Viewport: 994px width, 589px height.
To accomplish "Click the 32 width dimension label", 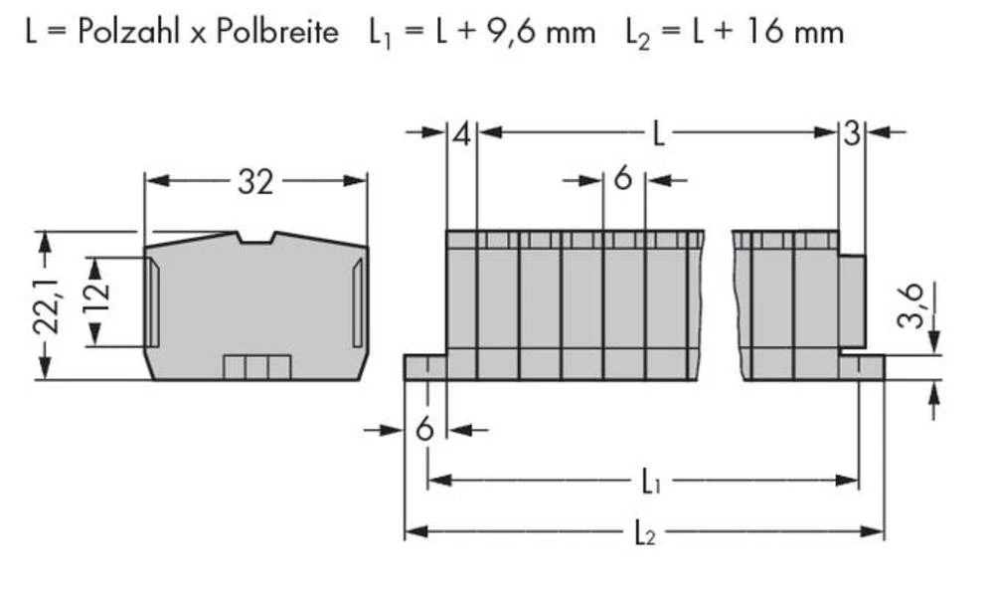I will (254, 181).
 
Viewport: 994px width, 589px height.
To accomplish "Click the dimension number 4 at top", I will (461, 133).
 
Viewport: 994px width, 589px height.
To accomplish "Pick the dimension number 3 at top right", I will (852, 133).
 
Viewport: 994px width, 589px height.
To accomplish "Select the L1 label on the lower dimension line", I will (649, 485).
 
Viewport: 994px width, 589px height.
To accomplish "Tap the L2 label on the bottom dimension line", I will (644, 534).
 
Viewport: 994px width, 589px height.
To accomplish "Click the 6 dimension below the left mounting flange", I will (424, 430).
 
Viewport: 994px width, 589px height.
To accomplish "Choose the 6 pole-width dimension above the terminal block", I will (623, 180).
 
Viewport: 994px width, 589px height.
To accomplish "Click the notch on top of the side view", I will (255, 238).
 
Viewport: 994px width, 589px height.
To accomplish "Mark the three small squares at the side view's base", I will (256, 367).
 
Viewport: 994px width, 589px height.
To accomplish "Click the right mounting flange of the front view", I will (861, 367).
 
